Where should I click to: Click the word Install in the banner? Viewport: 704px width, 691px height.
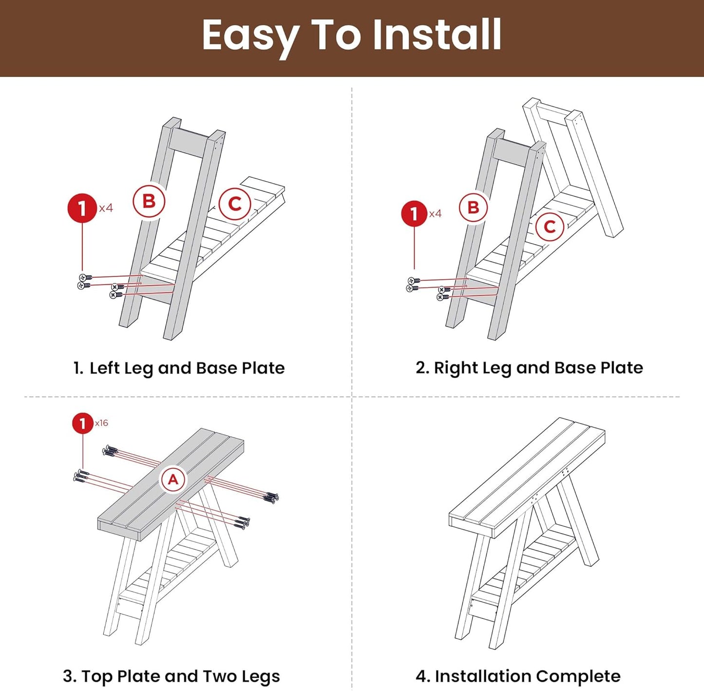coord(437,34)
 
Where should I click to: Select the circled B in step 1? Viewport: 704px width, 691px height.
coord(149,201)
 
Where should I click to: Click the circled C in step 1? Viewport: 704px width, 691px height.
coord(235,204)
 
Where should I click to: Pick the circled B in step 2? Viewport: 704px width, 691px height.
coord(473,208)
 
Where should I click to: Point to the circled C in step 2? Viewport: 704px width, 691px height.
coord(550,227)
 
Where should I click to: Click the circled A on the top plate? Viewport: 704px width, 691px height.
coord(173,479)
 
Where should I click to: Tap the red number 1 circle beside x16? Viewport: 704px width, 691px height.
coord(83,423)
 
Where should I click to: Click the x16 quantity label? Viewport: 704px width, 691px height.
coord(101,423)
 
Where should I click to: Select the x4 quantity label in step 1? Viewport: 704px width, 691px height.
coord(106,208)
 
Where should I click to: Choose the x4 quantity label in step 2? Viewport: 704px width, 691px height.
coord(435,213)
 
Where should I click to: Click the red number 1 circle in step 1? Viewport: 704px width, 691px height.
coord(82,208)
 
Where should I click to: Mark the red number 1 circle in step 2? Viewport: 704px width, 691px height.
coord(414,213)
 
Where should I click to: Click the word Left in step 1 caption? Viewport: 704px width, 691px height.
coord(104,367)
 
